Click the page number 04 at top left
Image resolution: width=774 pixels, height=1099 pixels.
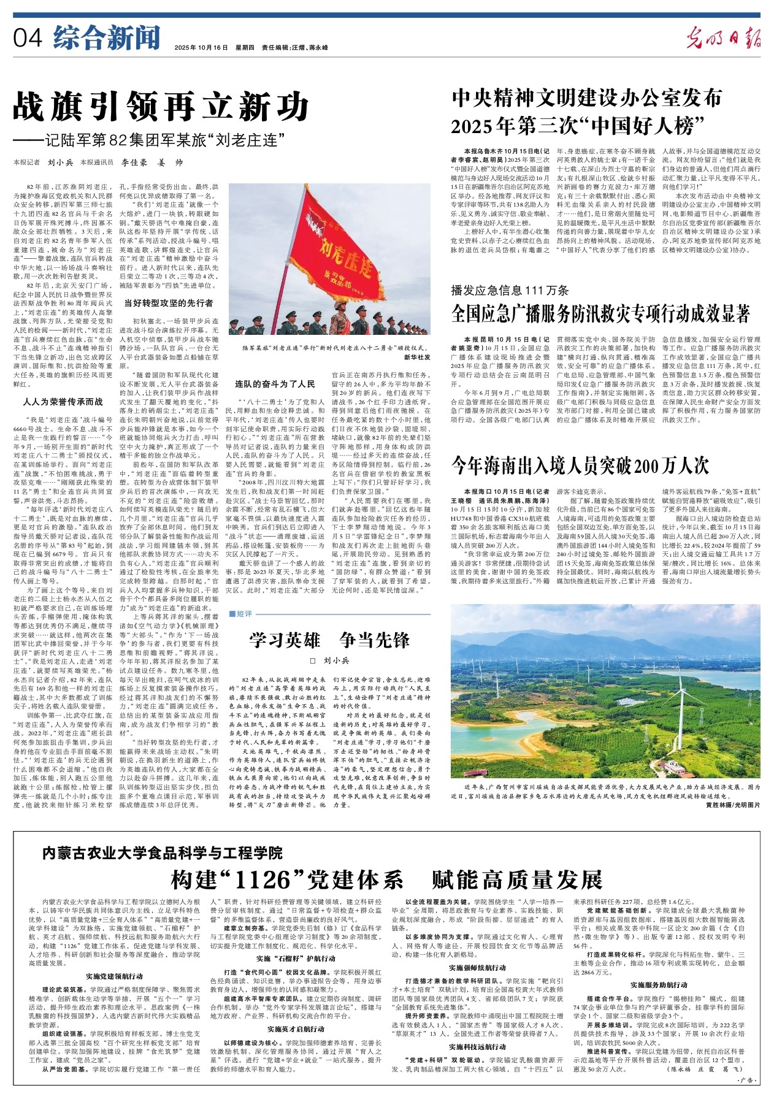[28, 39]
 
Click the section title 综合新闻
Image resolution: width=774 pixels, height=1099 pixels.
[106, 38]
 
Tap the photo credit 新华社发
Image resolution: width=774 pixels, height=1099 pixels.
[417, 357]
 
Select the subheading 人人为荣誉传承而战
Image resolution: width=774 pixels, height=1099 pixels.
[63, 402]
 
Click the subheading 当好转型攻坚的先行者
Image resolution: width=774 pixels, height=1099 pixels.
[169, 303]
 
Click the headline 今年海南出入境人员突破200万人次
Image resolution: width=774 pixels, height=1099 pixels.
[580, 465]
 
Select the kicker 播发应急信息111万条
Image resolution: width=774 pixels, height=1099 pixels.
[510, 290]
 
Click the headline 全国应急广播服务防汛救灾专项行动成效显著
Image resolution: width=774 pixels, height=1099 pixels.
[600, 314]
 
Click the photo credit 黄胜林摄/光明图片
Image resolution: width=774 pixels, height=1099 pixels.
[733, 805]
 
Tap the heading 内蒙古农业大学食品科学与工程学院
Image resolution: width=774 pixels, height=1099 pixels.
[163, 852]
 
